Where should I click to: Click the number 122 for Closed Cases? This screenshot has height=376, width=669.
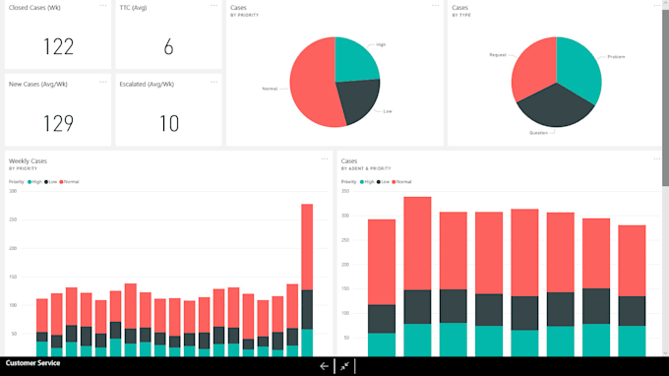click(57, 46)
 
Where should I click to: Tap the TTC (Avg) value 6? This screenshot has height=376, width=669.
click(168, 46)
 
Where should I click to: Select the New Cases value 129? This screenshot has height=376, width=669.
click(57, 123)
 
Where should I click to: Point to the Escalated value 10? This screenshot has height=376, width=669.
click(168, 123)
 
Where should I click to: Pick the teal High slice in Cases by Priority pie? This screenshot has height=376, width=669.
click(353, 60)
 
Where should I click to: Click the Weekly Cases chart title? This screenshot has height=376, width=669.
click(28, 160)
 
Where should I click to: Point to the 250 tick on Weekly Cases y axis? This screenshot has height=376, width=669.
click(13, 228)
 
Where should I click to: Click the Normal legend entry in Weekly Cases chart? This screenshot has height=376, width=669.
click(71, 182)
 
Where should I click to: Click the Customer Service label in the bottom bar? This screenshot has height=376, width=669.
click(32, 363)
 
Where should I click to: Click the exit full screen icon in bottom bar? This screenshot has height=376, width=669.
click(343, 365)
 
